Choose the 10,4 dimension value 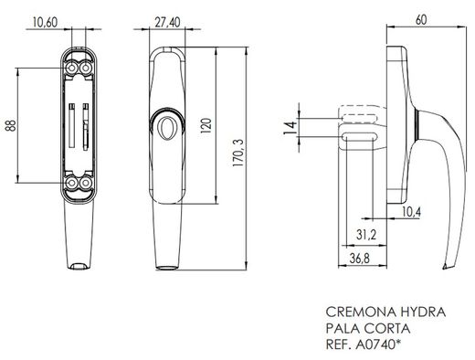[x=411, y=212]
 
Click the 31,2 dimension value [x=364, y=235]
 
